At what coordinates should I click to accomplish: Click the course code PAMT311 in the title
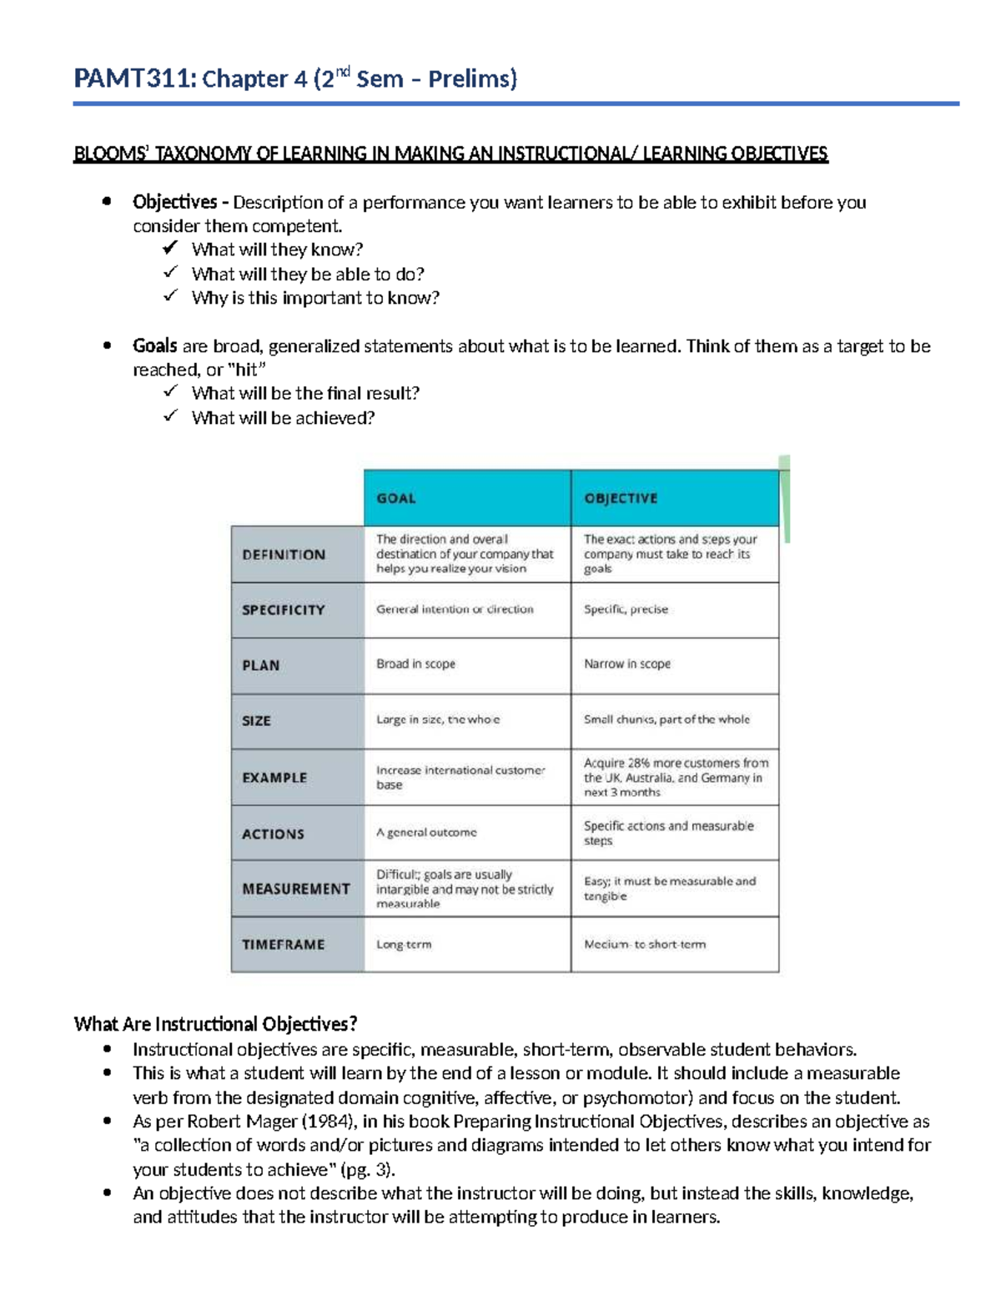(x=134, y=79)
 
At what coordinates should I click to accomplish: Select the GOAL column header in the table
(x=395, y=498)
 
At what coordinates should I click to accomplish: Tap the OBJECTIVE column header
(x=621, y=498)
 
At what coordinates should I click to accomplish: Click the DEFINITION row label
(x=284, y=554)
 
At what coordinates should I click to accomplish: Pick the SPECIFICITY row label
(x=283, y=610)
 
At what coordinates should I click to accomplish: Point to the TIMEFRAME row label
(x=283, y=945)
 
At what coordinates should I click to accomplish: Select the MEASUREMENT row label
(x=295, y=889)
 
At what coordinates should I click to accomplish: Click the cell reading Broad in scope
(x=415, y=664)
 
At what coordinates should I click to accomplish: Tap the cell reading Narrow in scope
(x=626, y=664)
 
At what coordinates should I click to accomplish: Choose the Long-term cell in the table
(x=404, y=945)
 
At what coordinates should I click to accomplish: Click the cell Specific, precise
(x=626, y=609)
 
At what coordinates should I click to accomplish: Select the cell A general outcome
(x=426, y=833)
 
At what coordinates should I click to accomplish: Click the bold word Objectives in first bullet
(x=174, y=202)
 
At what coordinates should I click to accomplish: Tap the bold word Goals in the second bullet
(x=154, y=345)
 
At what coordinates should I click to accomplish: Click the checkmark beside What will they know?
(x=170, y=248)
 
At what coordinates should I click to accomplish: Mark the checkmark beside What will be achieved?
(x=170, y=416)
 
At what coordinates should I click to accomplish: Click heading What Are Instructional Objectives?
(x=215, y=1024)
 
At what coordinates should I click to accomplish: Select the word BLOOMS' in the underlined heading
(x=110, y=154)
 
